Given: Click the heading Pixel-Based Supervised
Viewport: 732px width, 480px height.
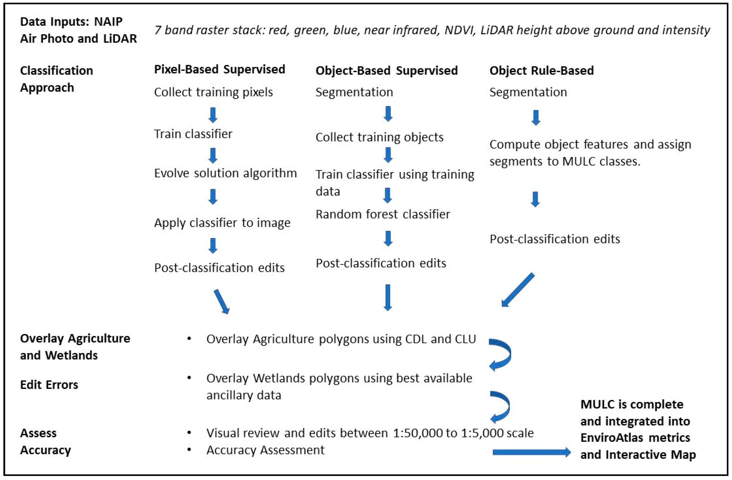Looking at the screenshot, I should [x=219, y=69].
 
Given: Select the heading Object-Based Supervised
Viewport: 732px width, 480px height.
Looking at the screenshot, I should [x=386, y=71].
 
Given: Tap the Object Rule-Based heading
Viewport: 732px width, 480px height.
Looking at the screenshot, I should [x=541, y=71].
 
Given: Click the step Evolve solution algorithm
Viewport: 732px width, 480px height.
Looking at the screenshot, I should [x=225, y=173].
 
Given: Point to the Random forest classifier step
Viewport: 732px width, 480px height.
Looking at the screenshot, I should [x=383, y=214].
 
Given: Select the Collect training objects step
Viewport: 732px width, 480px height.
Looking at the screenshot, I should [x=379, y=137].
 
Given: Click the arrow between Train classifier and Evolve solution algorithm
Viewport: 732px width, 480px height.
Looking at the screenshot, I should [x=213, y=155].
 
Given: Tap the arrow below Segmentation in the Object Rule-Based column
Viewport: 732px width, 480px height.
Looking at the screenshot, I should [x=536, y=118].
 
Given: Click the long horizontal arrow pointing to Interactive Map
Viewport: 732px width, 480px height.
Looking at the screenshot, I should [x=532, y=452].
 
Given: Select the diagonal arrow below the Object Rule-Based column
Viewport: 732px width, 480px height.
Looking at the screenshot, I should [x=518, y=290].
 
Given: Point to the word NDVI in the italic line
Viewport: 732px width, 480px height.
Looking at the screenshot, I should [x=459, y=30].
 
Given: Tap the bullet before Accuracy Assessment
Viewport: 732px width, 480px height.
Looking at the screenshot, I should [x=189, y=450].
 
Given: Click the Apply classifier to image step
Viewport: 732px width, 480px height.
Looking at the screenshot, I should [x=222, y=223].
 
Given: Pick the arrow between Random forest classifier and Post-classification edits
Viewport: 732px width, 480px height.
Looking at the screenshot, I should [x=388, y=239].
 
